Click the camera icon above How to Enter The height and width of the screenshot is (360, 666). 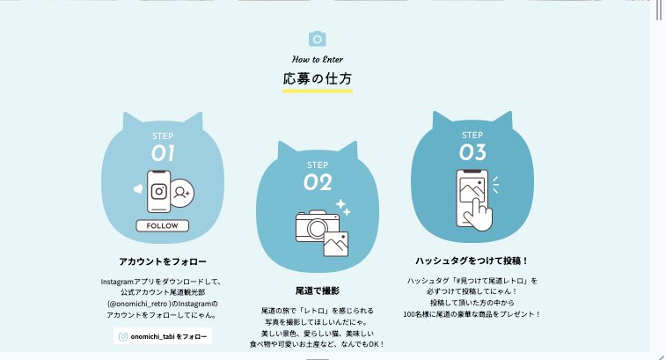click(x=318, y=39)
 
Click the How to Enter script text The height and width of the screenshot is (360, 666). click(x=318, y=60)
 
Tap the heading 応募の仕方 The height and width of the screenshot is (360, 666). click(x=318, y=78)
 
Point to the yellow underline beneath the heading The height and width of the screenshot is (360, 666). click(x=318, y=91)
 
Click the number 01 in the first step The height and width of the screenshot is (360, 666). click(x=163, y=153)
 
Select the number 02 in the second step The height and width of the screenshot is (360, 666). click(x=318, y=183)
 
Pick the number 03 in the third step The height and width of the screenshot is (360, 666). click(x=472, y=152)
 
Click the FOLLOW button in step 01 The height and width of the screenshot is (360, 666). click(x=162, y=225)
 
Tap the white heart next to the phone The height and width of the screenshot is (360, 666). click(x=138, y=188)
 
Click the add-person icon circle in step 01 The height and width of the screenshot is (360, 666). click(x=183, y=193)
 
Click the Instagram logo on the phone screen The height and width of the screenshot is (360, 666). click(x=159, y=191)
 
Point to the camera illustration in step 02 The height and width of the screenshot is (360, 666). click(x=318, y=226)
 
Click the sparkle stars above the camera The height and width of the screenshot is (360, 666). click(x=343, y=207)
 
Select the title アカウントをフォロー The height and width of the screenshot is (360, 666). click(x=163, y=261)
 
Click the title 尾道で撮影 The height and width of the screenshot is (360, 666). click(x=318, y=290)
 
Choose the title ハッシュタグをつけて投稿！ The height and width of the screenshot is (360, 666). click(x=472, y=261)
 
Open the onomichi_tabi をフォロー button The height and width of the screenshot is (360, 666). click(x=163, y=336)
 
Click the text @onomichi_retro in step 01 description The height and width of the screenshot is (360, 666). click(x=139, y=304)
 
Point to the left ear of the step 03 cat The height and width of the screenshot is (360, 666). click(x=439, y=120)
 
